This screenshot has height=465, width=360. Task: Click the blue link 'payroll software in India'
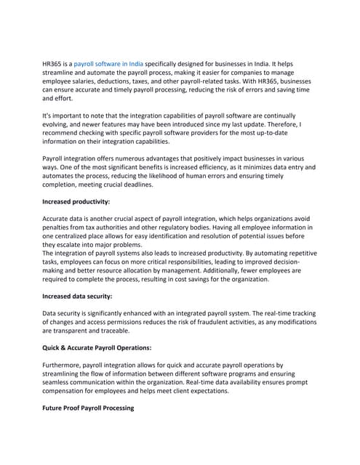click(108, 64)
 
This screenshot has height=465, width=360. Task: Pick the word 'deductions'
click(136, 81)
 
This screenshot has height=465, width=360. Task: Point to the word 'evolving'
click(59, 124)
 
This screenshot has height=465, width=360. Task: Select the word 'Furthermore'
click(66, 367)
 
